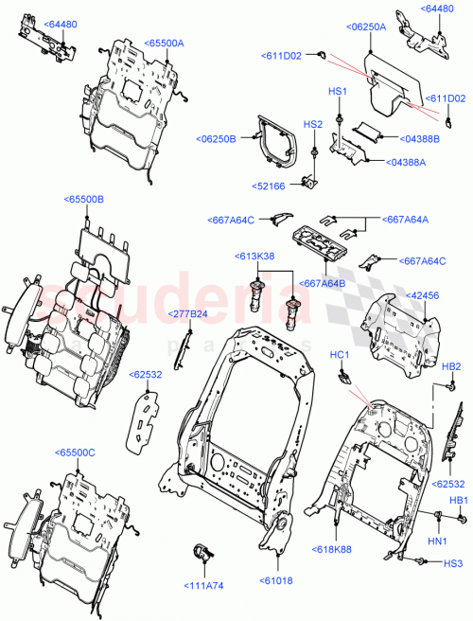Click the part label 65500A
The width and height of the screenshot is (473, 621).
coord(165,43)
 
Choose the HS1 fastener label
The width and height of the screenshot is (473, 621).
coord(338,91)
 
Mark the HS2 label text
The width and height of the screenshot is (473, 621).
coord(312,124)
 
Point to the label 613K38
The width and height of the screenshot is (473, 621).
coord(255,256)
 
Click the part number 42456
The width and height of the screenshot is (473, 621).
coord(424,294)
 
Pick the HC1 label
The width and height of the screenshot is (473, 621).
coord(340,355)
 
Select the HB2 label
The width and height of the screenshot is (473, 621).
coord(451,366)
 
